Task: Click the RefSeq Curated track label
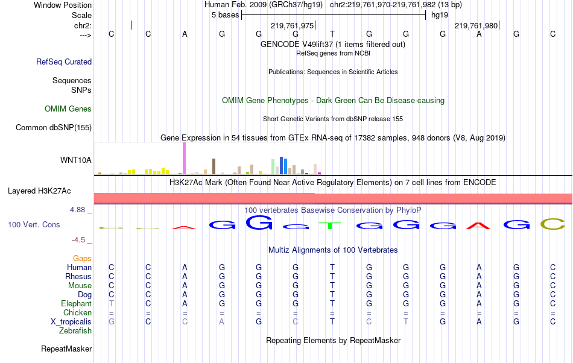[x=64, y=62]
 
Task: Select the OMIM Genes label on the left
[x=68, y=109]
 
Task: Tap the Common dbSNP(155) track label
[x=54, y=127]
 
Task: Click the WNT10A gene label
[x=76, y=160]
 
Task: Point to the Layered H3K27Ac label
[x=39, y=191]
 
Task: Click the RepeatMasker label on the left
[x=66, y=349]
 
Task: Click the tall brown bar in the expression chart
[x=214, y=166]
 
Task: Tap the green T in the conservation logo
[x=331, y=226]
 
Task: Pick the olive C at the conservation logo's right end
[x=552, y=224]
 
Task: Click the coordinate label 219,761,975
[x=293, y=26]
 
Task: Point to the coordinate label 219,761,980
[x=476, y=26]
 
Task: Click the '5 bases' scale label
[x=225, y=14]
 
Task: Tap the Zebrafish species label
[x=75, y=331]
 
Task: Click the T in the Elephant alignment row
[x=112, y=304]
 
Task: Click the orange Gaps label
[x=82, y=258]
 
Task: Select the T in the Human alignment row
[x=332, y=267]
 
